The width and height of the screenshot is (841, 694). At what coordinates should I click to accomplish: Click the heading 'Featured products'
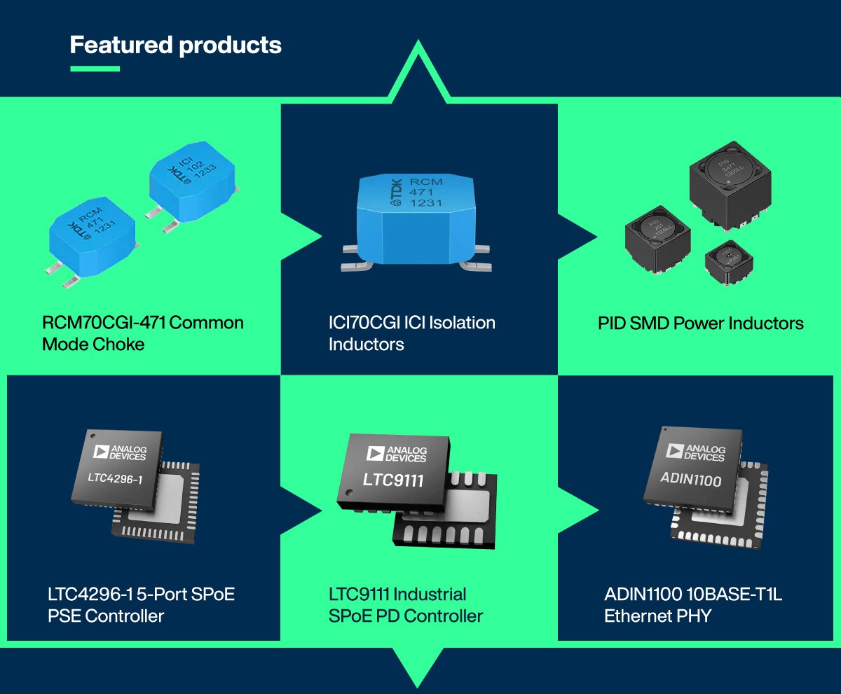click(175, 46)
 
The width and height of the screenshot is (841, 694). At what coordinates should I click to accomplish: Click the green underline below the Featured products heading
click(95, 69)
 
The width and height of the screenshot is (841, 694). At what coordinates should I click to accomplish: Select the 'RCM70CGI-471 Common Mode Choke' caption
click(143, 333)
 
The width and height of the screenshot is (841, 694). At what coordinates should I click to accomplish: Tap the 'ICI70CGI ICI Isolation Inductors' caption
click(411, 333)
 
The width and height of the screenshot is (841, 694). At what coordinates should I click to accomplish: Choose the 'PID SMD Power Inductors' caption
click(700, 323)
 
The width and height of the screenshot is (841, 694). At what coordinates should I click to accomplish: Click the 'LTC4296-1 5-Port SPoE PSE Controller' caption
click(141, 605)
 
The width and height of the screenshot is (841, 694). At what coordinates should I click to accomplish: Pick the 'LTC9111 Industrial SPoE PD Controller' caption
click(405, 605)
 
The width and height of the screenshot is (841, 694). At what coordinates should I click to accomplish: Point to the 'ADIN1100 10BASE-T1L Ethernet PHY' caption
click(693, 605)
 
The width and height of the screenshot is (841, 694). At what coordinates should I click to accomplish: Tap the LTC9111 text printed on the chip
click(392, 480)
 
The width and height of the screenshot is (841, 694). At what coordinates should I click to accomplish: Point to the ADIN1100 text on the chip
click(690, 480)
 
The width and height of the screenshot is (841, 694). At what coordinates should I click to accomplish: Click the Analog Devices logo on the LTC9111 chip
click(396, 454)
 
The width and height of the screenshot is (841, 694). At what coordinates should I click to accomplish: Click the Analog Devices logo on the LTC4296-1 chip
click(120, 452)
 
